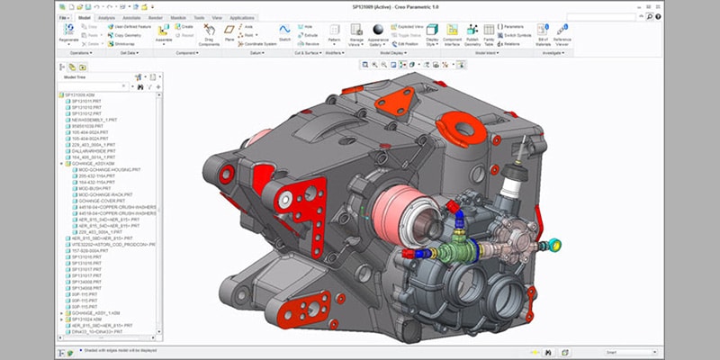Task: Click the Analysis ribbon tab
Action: coord(106,17)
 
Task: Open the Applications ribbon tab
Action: coord(241,17)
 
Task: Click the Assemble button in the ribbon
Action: coord(163,34)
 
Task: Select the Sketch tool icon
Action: coord(284,33)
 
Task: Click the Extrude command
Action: coord(311,34)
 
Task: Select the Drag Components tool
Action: coord(210,35)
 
